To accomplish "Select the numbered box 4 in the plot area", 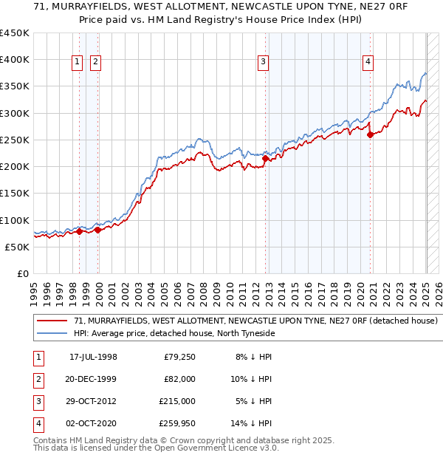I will pos(367,63).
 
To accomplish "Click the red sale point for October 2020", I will pos(370,134).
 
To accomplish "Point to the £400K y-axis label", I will pos(15,60).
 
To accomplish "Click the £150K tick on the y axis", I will pos(15,193).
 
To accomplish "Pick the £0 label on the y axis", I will pos(24,273).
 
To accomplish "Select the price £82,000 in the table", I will pos(180,379).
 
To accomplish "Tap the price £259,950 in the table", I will pos(177,423).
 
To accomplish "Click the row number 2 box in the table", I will pos(38,379).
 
